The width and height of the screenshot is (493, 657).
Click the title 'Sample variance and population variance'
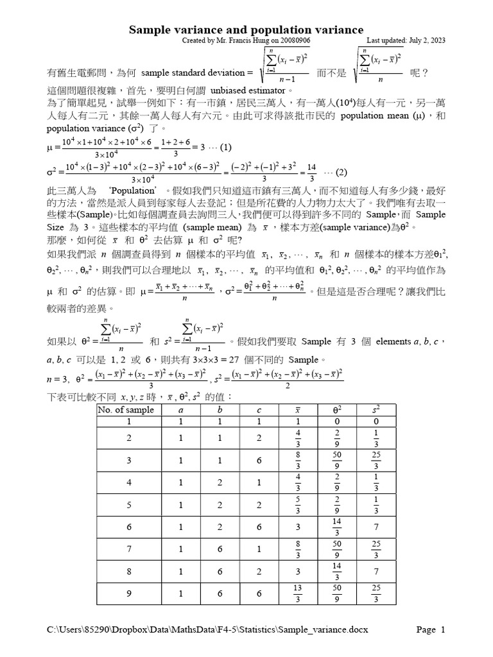point(246,30)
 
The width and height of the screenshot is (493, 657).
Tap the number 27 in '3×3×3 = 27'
point(246,359)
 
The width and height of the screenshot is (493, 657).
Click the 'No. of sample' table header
point(126,409)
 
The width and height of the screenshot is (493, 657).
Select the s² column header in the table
point(376,409)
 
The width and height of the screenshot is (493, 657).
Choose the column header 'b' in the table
point(220,409)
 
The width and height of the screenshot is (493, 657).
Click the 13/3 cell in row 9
point(298,593)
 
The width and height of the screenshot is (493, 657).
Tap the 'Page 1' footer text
point(431,629)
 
